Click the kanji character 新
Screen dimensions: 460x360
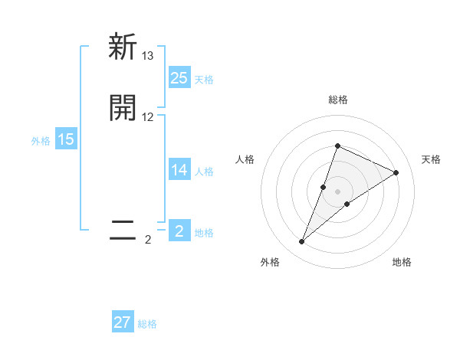coord(123,47)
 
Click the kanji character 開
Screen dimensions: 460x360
coord(123,108)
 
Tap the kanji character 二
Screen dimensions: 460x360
coord(123,230)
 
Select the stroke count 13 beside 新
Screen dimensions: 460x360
coord(148,56)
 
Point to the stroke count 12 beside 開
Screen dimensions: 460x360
coord(148,117)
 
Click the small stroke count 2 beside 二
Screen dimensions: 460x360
coord(148,240)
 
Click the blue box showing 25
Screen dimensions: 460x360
coord(179,77)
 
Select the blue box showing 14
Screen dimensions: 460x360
coord(179,170)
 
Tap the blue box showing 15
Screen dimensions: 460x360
coord(66,139)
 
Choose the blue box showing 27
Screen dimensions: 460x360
coord(123,322)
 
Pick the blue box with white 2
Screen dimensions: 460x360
coord(179,231)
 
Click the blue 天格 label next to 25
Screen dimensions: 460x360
coord(204,79)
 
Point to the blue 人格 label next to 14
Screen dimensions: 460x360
coord(204,172)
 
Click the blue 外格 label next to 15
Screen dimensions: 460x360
coord(41,141)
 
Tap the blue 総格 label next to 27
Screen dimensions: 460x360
coord(147,324)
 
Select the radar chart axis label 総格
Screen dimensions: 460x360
coord(338,100)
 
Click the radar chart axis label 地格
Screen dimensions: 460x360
coord(402,262)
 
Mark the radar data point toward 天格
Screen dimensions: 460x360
coord(396,172)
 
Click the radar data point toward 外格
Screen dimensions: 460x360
coord(302,242)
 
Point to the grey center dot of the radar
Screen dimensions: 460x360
coord(338,191)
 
